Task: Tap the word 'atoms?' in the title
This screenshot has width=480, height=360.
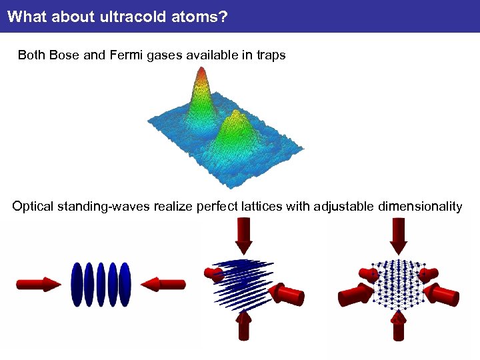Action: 200,16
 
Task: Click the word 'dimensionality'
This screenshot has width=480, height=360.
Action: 420,206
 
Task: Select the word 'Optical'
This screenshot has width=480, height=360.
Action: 33,206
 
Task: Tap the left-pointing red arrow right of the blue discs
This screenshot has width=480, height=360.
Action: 163,285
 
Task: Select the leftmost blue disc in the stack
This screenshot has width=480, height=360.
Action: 77,285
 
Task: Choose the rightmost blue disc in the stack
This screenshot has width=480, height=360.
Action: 125,285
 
